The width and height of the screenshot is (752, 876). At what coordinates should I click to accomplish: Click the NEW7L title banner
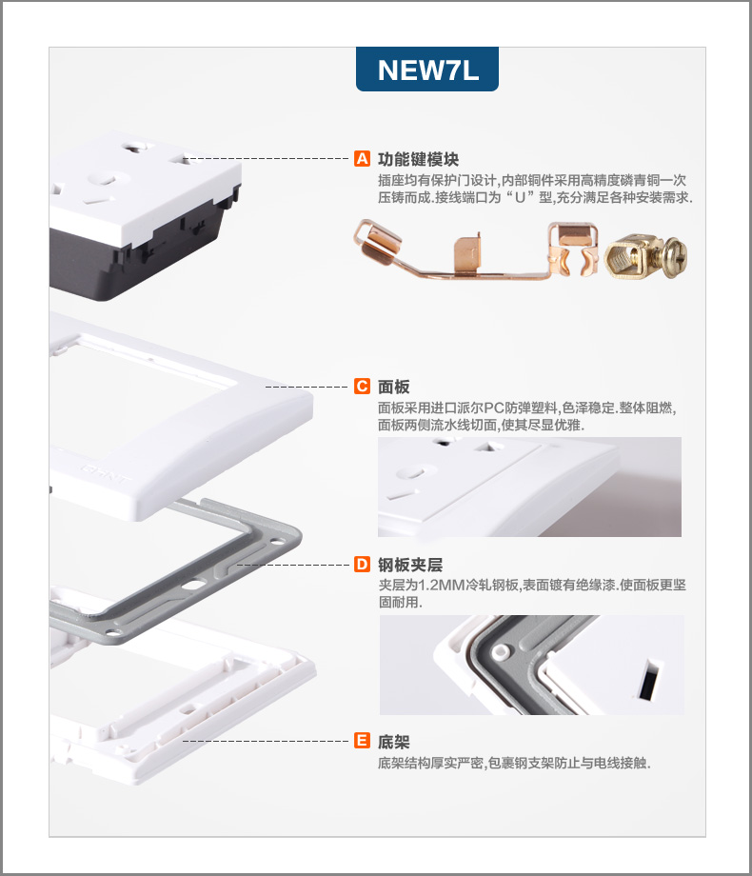pyautogui.click(x=426, y=70)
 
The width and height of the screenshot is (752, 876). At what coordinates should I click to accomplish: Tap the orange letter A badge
pyautogui.click(x=362, y=159)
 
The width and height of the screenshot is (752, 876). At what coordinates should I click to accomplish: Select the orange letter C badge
pyautogui.click(x=362, y=386)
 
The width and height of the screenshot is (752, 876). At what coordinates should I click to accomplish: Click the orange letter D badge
pyautogui.click(x=362, y=565)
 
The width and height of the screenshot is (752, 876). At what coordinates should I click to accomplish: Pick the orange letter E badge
pyautogui.click(x=362, y=741)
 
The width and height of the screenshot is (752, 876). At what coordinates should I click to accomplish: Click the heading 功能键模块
pyautogui.click(x=419, y=159)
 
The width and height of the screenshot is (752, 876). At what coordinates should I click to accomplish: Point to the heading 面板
pyautogui.click(x=394, y=387)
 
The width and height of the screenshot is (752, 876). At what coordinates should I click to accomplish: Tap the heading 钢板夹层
pyautogui.click(x=410, y=565)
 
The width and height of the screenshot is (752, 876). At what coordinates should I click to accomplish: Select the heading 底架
pyautogui.click(x=394, y=742)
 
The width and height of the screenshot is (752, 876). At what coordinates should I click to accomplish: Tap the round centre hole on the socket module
pyautogui.click(x=104, y=180)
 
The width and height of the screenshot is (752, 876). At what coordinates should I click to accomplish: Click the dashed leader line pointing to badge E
pyautogui.click(x=266, y=742)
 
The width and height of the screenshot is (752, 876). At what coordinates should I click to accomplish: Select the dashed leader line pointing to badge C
pyautogui.click(x=307, y=387)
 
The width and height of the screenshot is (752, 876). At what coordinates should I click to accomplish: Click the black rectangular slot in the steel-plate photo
pyautogui.click(x=647, y=680)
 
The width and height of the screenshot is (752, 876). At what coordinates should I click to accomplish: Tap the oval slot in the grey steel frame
pyautogui.click(x=193, y=586)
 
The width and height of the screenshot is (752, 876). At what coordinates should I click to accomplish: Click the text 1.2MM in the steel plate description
pyautogui.click(x=442, y=585)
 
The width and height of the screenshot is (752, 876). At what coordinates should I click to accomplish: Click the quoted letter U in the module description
pyautogui.click(x=520, y=197)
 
